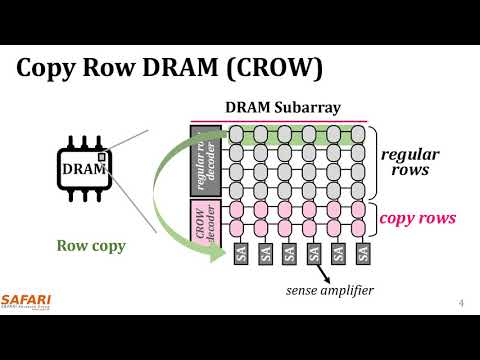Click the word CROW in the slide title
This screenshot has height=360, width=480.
(276, 67)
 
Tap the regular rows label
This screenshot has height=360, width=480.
(411, 162)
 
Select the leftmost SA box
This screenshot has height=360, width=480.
(241, 254)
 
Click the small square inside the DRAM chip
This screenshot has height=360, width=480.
(101, 158)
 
